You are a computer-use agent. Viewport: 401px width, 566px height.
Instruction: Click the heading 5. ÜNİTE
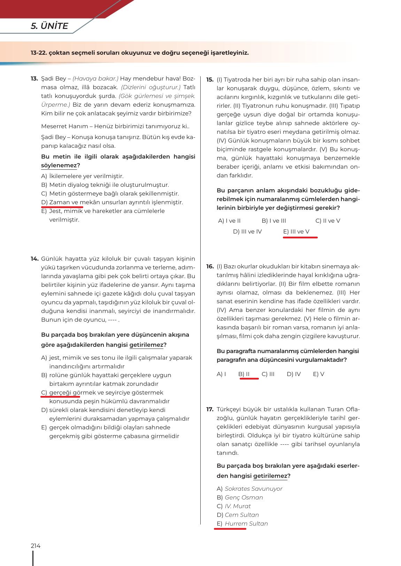click(49, 26)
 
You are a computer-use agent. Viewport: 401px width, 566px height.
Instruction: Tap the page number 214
click(36, 546)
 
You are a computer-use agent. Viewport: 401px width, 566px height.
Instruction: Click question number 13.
click(34, 79)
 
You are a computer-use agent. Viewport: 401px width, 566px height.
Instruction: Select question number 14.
click(34, 259)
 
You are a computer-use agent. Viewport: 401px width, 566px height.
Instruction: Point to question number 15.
click(210, 79)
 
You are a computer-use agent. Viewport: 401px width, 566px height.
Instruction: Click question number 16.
click(210, 267)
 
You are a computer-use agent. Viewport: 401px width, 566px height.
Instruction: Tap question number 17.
click(210, 409)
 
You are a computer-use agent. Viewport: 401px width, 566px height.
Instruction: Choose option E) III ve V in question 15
click(296, 231)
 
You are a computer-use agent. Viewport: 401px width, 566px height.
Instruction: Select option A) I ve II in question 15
click(229, 221)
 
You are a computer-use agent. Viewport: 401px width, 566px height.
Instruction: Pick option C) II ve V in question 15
click(327, 221)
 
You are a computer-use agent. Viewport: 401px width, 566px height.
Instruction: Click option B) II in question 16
click(244, 374)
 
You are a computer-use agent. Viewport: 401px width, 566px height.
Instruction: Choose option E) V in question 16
click(318, 374)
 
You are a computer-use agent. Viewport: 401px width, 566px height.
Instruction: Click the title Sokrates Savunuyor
click(253, 489)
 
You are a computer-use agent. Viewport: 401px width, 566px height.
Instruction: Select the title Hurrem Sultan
click(246, 523)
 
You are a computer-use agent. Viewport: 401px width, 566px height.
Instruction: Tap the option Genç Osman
click(244, 497)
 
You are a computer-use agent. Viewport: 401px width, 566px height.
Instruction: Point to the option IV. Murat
click(238, 506)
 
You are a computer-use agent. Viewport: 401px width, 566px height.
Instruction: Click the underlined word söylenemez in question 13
click(59, 166)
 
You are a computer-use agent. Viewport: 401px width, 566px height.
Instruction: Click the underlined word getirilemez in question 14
click(146, 345)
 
